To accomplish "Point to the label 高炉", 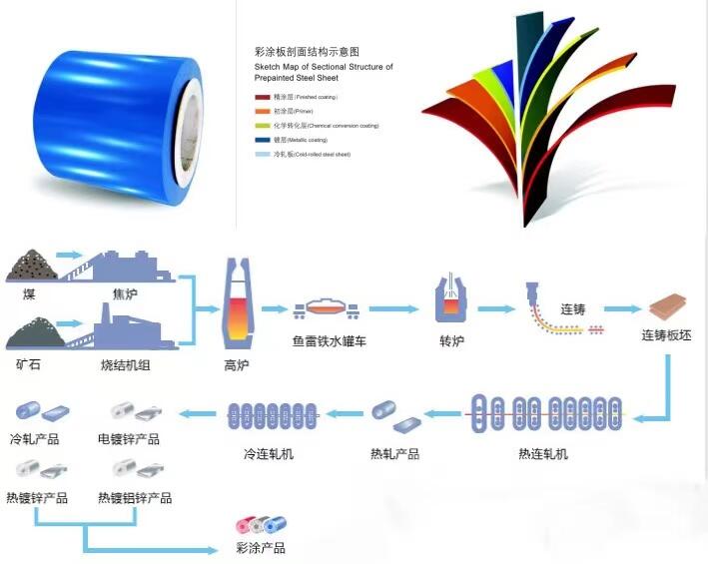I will (237, 365).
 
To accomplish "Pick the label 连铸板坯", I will (666, 336).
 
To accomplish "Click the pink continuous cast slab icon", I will (667, 305).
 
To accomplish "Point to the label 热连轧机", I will (543, 454).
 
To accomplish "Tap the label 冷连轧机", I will (270, 454).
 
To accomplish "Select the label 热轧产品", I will (394, 454).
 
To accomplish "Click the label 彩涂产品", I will (261, 548).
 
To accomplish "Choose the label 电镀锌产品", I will (130, 439).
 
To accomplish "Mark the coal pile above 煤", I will (29, 266).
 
